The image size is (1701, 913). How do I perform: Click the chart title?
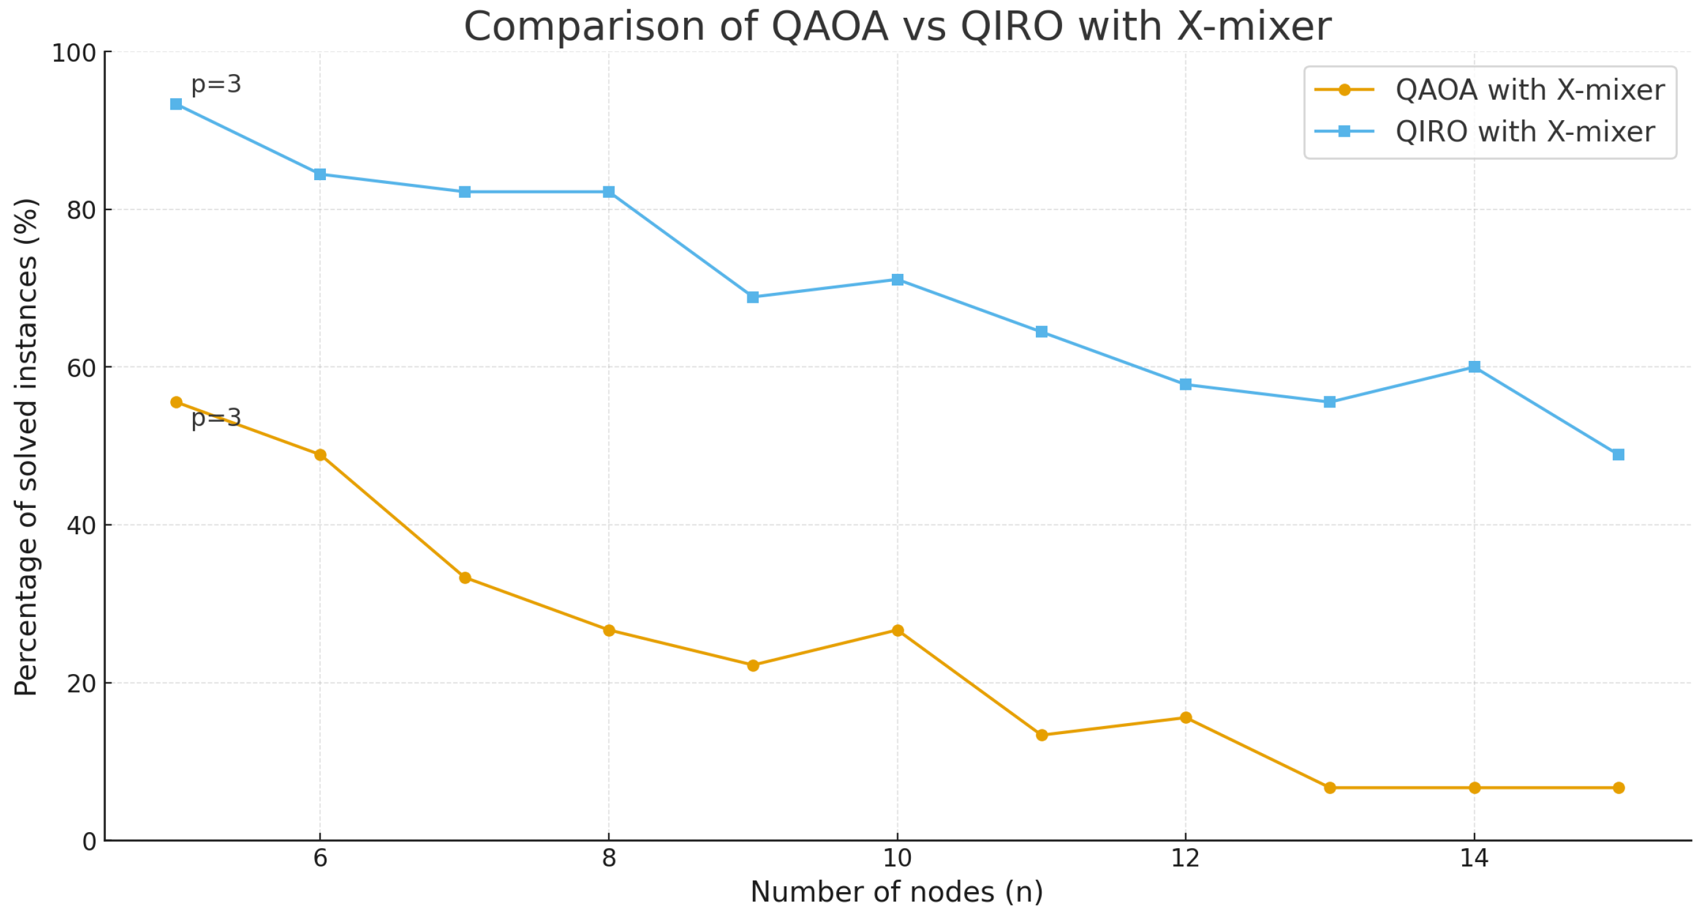pyautogui.click(x=897, y=27)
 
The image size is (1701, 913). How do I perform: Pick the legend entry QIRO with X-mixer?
pyautogui.click(x=1484, y=132)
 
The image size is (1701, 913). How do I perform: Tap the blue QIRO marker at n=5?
pyautogui.click(x=176, y=104)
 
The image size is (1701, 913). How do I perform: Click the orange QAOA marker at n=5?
pyautogui.click(x=176, y=403)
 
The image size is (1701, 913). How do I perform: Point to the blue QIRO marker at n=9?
pyautogui.click(x=753, y=297)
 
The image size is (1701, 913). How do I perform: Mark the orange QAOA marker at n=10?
pyautogui.click(x=897, y=631)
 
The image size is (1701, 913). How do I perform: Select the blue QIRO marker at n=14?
pyautogui.click(x=1474, y=366)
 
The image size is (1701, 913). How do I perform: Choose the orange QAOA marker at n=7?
pyautogui.click(x=465, y=578)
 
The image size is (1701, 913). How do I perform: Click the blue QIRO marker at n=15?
pyautogui.click(x=1618, y=455)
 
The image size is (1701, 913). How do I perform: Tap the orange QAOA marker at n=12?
pyautogui.click(x=1186, y=718)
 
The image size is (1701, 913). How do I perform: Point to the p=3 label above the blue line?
pyautogui.click(x=216, y=85)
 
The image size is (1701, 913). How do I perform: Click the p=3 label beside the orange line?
pyautogui.click(x=216, y=418)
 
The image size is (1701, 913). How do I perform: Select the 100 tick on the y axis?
pyautogui.click(x=74, y=53)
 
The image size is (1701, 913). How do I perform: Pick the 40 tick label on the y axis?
pyautogui.click(x=81, y=526)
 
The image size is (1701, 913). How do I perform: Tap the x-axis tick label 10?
pyautogui.click(x=897, y=858)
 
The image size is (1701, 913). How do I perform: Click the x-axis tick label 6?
pyautogui.click(x=320, y=858)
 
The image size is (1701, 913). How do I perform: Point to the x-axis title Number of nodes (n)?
pyautogui.click(x=897, y=893)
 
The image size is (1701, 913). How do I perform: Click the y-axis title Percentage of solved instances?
pyautogui.click(x=26, y=447)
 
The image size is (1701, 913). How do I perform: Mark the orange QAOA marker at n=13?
pyautogui.click(x=1330, y=788)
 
